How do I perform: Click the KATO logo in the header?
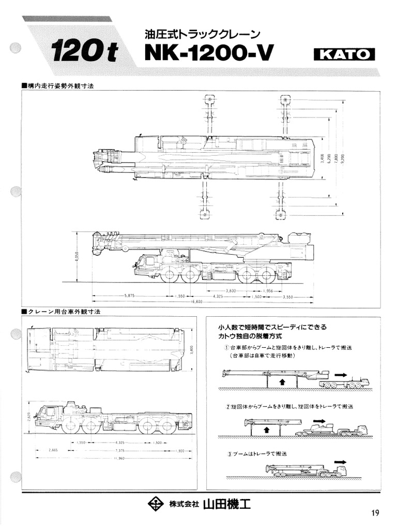pos(344,54)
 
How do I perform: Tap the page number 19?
pos(375,512)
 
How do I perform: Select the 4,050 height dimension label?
pos(76,257)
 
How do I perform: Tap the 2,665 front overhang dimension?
pos(53,450)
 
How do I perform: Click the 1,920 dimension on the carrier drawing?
pos(180,450)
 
